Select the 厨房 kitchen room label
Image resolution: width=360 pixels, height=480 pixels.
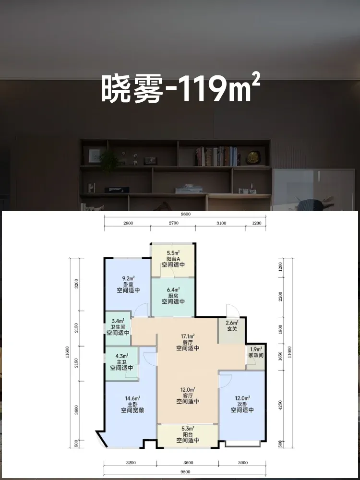coord(173,296)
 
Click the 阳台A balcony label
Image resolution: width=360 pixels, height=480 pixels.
coord(173,259)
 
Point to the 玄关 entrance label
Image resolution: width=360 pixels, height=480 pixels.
coord(232,329)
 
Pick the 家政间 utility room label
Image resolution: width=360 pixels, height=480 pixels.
coord(256,355)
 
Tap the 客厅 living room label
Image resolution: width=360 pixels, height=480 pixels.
coord(188,396)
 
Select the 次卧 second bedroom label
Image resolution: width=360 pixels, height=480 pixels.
coord(242,404)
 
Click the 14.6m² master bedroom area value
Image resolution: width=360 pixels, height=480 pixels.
coord(132,398)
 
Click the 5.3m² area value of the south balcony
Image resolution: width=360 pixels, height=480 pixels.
coord(188,429)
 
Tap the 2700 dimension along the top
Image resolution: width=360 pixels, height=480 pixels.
coord(174,223)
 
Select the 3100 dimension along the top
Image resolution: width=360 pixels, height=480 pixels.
coord(221,223)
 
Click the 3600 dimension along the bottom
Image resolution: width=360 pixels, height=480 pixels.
coord(188,463)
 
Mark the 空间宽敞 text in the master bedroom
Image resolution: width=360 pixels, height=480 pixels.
coord(132,410)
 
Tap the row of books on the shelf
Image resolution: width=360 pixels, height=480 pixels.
coord(216,156)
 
